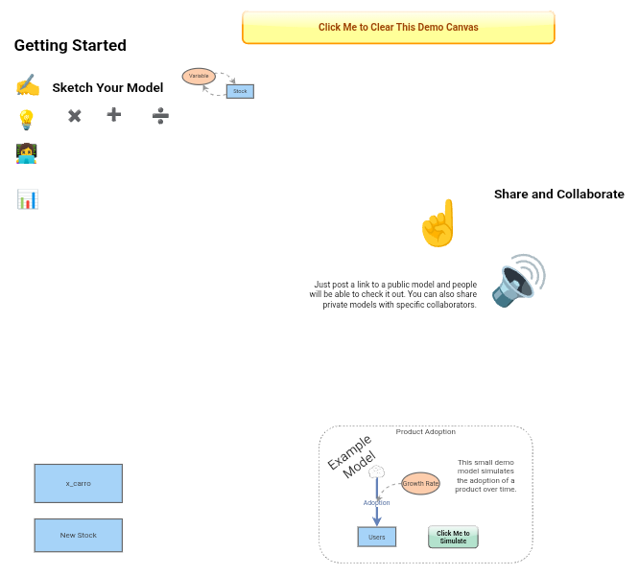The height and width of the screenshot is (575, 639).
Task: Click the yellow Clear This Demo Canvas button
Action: (398, 27)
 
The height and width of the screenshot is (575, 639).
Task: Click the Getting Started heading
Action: (70, 45)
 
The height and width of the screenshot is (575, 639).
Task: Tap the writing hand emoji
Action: (28, 84)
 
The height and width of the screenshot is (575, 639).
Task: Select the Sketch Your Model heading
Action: (107, 87)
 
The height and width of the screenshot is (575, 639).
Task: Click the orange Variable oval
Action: (199, 76)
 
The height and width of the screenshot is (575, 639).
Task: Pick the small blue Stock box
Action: (240, 91)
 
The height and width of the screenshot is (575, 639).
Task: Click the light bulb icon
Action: (27, 120)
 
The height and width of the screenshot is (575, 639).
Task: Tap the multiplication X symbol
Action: (75, 116)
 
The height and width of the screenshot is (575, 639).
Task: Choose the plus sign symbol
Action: (114, 115)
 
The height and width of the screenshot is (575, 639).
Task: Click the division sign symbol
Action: (160, 116)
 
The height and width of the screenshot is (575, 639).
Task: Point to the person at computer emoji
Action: (27, 153)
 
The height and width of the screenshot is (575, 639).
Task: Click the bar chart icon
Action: (28, 199)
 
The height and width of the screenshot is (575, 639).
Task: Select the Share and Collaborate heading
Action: (558, 195)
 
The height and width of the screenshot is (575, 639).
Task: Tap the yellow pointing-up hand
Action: (438, 223)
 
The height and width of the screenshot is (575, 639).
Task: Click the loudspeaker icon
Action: (518, 281)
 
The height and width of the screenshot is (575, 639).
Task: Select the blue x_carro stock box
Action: (79, 483)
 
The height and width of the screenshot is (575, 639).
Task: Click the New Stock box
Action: (79, 535)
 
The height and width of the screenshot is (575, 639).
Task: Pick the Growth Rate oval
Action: (420, 483)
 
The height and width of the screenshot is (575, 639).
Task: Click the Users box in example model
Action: (376, 537)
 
